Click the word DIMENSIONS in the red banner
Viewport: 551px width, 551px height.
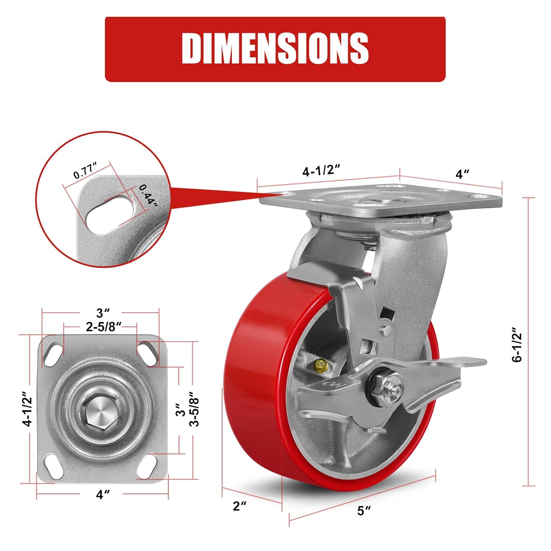click(x=275, y=48)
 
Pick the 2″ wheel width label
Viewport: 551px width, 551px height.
click(x=240, y=506)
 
